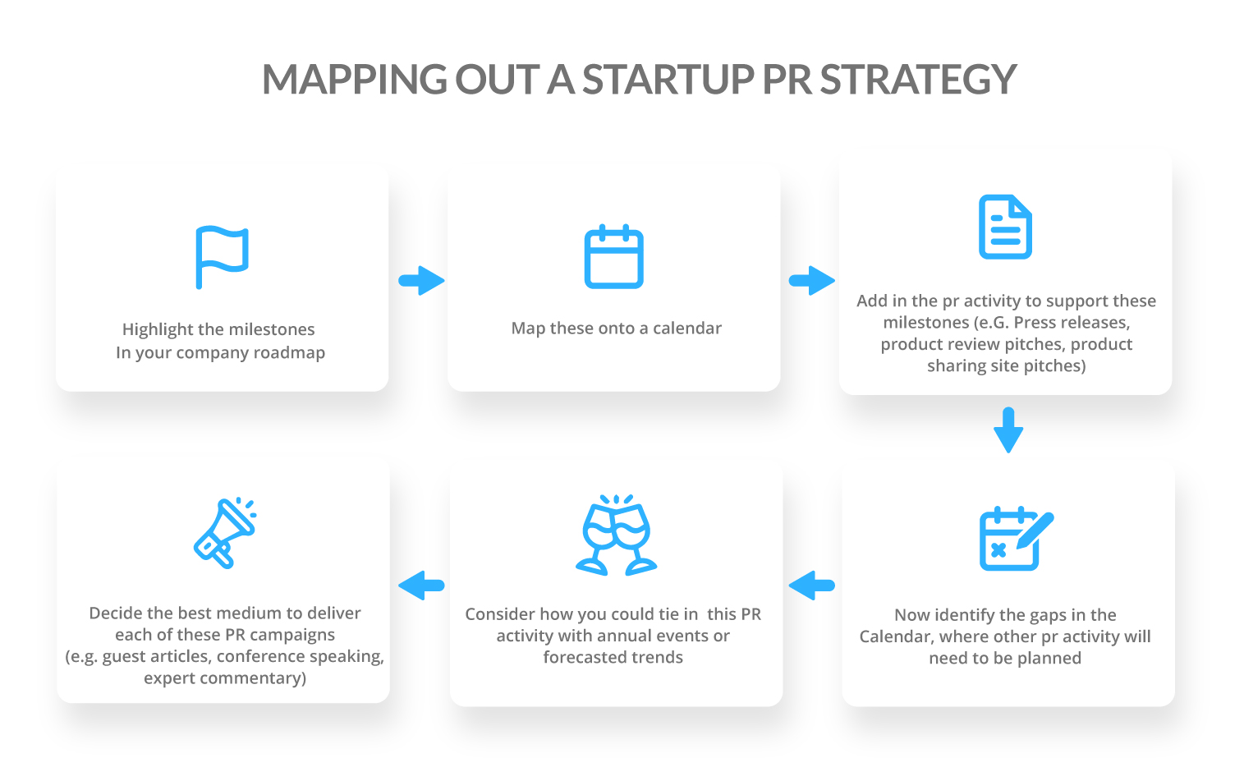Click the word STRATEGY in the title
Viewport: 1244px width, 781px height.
(x=918, y=80)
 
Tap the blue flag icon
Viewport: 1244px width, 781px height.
(x=221, y=256)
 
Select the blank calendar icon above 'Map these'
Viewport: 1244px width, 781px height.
(x=613, y=256)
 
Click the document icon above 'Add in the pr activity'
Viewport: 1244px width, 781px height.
(x=1005, y=227)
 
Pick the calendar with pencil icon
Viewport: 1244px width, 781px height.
(x=1015, y=538)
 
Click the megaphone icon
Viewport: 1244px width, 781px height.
(x=224, y=532)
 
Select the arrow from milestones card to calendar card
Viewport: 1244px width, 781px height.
(x=421, y=281)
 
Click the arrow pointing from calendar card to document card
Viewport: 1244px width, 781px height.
(x=811, y=281)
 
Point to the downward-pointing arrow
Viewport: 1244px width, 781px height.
(x=1008, y=430)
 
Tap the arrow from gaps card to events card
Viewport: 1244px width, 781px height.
(x=811, y=586)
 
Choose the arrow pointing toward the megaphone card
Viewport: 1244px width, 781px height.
(x=421, y=586)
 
